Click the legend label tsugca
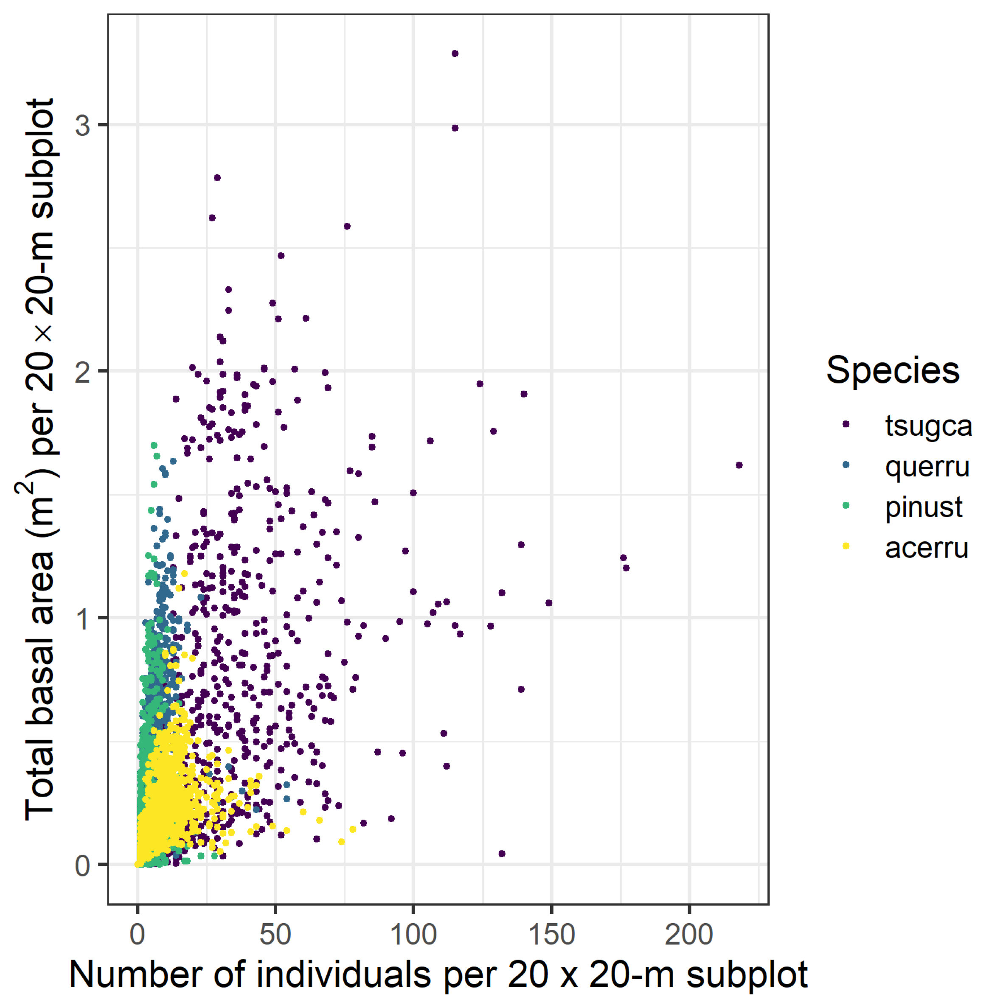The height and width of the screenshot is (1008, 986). (928, 426)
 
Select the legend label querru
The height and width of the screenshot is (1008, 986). (927, 467)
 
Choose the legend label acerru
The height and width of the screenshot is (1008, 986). (927, 548)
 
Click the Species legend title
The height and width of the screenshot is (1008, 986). (893, 371)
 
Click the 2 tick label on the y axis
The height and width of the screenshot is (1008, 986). (82, 372)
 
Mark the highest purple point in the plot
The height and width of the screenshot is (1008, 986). (455, 53)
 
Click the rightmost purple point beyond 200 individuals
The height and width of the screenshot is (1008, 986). (739, 465)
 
